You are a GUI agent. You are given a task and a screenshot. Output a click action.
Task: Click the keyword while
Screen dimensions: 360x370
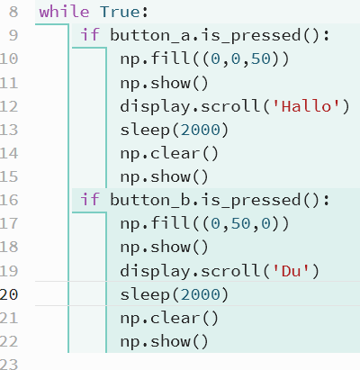pyautogui.click(x=64, y=12)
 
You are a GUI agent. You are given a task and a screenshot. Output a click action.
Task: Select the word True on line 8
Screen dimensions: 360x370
pyautogui.click(x=120, y=12)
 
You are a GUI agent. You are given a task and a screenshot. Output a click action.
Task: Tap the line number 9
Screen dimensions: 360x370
pyautogui.click(x=13, y=35)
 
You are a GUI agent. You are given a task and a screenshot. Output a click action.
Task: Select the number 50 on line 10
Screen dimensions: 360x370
pyautogui.click(x=260, y=59)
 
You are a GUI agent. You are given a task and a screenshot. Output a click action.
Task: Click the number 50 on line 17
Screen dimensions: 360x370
pyautogui.click(x=240, y=223)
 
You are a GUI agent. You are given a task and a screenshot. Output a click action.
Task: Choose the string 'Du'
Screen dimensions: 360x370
pyautogui.click(x=291, y=271)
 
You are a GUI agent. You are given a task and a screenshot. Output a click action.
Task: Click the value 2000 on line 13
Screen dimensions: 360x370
pyautogui.click(x=201, y=130)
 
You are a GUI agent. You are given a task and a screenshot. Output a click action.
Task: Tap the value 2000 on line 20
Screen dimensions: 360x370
pyautogui.click(x=201, y=294)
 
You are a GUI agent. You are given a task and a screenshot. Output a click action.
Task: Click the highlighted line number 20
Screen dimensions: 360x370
pyautogui.click(x=9, y=294)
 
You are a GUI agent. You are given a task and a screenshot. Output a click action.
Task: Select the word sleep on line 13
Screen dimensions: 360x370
pyautogui.click(x=145, y=131)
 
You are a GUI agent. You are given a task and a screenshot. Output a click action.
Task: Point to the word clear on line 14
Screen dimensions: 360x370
pyautogui.click(x=175, y=153)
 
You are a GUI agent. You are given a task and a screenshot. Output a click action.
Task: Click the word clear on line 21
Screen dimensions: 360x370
pyautogui.click(x=175, y=318)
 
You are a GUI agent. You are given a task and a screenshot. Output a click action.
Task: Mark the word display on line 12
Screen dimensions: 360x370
pyautogui.click(x=155, y=107)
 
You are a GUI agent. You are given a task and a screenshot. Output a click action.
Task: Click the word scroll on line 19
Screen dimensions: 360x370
pyautogui.click(x=230, y=271)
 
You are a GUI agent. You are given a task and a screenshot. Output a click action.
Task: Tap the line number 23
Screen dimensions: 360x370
pyautogui.click(x=9, y=364)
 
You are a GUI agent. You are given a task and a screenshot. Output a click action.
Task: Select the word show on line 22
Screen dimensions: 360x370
pyautogui.click(x=170, y=341)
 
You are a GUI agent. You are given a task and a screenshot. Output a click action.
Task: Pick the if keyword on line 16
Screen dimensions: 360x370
pyautogui.click(x=90, y=200)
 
